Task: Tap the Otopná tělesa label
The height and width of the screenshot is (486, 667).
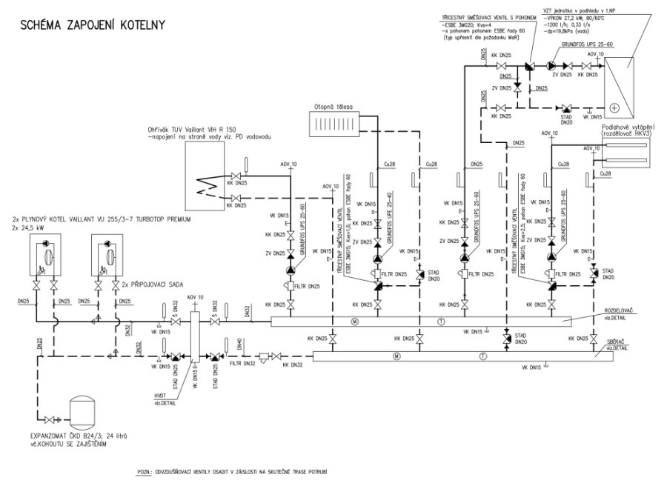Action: coord(333,105)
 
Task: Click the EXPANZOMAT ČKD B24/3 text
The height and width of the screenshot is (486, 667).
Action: coord(71,436)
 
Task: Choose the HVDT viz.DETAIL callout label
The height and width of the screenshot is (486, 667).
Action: coord(165,396)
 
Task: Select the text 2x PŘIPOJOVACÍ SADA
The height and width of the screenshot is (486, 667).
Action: coord(152,285)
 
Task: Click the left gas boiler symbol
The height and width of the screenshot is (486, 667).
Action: coord(43,256)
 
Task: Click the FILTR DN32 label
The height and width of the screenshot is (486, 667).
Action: coord(242,364)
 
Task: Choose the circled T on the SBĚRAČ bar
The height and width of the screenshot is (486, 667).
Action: coord(482,356)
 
